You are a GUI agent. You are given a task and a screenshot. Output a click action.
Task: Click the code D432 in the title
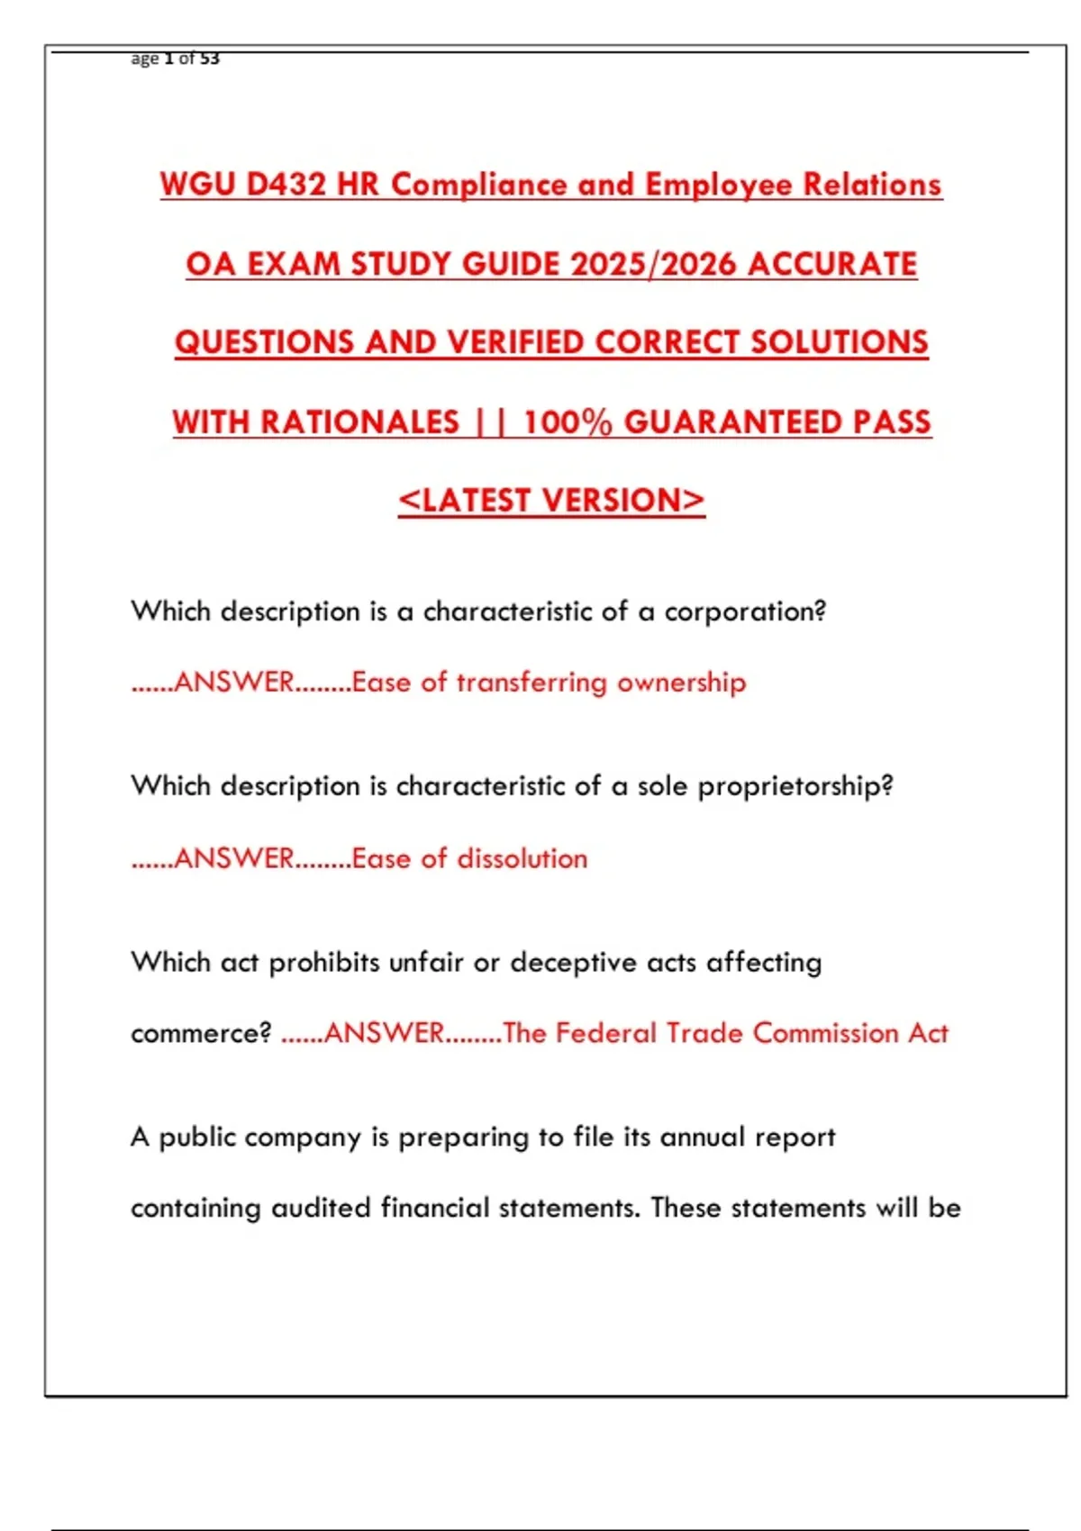[x=286, y=185]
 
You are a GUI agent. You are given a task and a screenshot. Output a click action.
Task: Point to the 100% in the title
[x=568, y=422]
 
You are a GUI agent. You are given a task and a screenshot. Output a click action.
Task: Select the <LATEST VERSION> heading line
[x=551, y=501]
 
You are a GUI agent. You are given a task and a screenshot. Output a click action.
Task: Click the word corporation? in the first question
[x=745, y=611]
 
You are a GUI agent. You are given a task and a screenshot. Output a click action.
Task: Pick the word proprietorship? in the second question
[x=795, y=786]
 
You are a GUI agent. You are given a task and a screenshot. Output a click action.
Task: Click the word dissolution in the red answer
[x=522, y=858]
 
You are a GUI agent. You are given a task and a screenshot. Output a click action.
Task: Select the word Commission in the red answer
[x=825, y=1033]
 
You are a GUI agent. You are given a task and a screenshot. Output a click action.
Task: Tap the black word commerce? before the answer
[x=201, y=1033]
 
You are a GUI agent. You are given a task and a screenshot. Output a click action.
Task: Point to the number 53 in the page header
[x=210, y=59]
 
